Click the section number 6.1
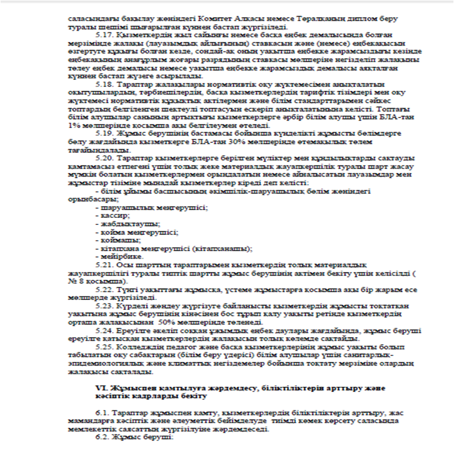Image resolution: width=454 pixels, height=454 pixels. tap(101, 411)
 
